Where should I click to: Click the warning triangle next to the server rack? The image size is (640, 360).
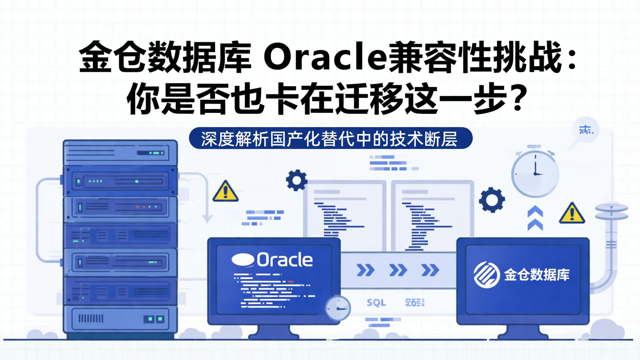tap(225, 192)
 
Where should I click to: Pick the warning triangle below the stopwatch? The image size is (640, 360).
tap(572, 214)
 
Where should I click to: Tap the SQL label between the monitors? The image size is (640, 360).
tap(376, 303)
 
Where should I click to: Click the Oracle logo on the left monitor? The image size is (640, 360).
tap(272, 260)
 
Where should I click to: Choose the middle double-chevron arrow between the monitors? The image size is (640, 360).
tap(398, 270)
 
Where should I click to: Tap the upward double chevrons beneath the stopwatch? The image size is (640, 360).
tap(535, 218)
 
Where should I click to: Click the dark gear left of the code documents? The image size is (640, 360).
tap(296, 180)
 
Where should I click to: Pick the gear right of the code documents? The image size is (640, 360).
tap(492, 200)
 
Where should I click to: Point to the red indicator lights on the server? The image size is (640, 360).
tap(144, 207)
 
